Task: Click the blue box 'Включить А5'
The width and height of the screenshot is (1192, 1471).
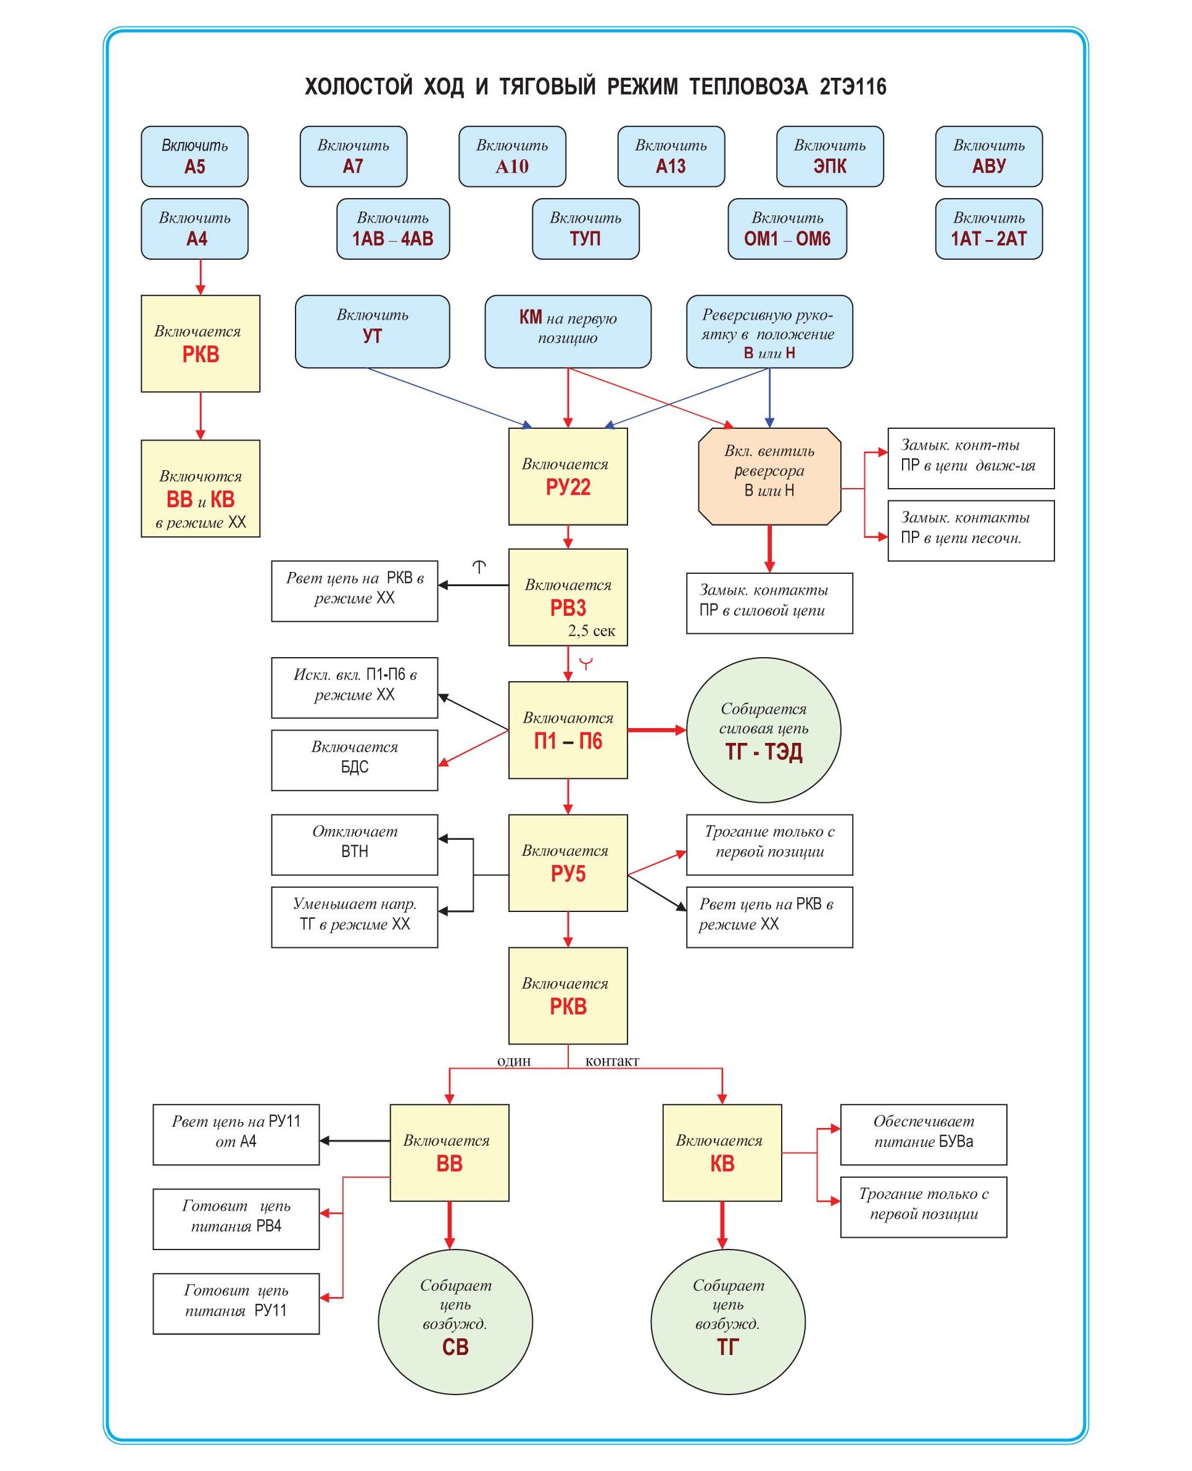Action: [194, 156]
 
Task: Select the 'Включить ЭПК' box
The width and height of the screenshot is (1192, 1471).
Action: [829, 156]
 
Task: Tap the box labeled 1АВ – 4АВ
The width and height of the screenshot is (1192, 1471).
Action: [393, 229]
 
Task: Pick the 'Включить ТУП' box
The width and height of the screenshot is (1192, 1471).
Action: [585, 229]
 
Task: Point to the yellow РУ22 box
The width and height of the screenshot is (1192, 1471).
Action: [567, 476]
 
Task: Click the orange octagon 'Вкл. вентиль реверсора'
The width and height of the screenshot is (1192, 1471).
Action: [769, 476]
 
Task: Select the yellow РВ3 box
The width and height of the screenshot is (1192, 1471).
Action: [567, 596]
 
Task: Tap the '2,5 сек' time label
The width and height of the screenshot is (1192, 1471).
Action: [591, 631]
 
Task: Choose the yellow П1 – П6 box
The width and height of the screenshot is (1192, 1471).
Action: [567, 729]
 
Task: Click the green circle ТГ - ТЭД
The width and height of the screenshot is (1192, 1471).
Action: [764, 729]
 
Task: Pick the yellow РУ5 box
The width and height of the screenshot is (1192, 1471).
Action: [567, 863]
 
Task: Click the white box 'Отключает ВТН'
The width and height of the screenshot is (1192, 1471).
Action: [354, 844]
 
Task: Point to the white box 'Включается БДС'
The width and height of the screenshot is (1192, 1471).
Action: [354, 760]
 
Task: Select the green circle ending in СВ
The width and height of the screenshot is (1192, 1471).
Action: [455, 1321]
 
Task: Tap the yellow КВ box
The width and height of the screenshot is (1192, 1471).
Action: [722, 1153]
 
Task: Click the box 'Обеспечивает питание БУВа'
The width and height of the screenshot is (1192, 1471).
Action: [923, 1134]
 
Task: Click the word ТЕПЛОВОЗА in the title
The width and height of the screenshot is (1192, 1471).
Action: [748, 86]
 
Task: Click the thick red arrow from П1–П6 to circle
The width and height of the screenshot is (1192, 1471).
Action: [656, 729]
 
